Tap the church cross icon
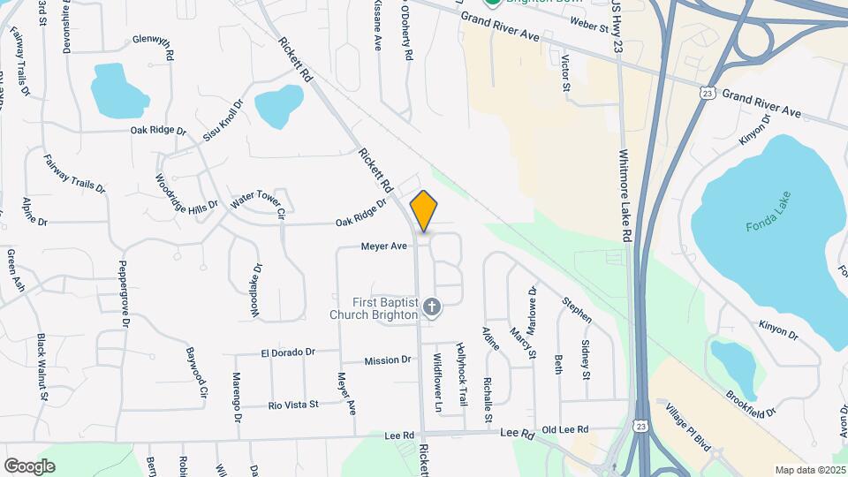click(431, 307)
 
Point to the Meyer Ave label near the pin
click(383, 246)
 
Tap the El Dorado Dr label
click(287, 352)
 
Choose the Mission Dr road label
click(388, 360)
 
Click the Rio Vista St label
click(292, 405)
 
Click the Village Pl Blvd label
click(688, 428)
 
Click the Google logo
click(29, 466)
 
